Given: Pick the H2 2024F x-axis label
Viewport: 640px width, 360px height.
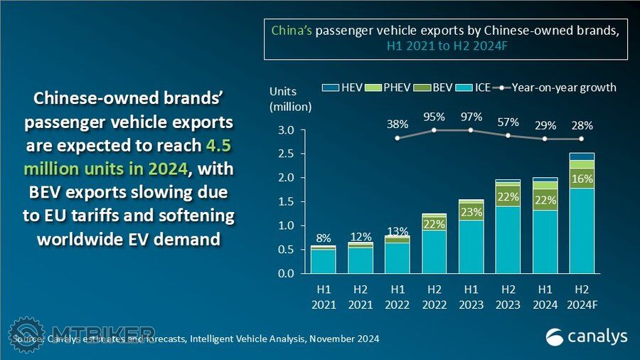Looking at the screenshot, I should pyautogui.click(x=582, y=298).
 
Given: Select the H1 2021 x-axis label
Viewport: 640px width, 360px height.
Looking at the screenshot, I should pyautogui.click(x=324, y=298).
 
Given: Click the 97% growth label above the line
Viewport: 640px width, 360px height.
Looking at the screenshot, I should pyautogui.click(x=471, y=117).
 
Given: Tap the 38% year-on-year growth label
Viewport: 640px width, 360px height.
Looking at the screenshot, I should pyautogui.click(x=398, y=124).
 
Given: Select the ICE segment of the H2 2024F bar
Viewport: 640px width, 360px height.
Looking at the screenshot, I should pyautogui.click(x=582, y=231).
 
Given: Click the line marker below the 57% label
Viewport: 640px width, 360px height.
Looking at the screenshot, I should pyautogui.click(x=508, y=135).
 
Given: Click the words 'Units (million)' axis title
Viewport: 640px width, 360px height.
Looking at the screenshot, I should pyautogui.click(x=290, y=99).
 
